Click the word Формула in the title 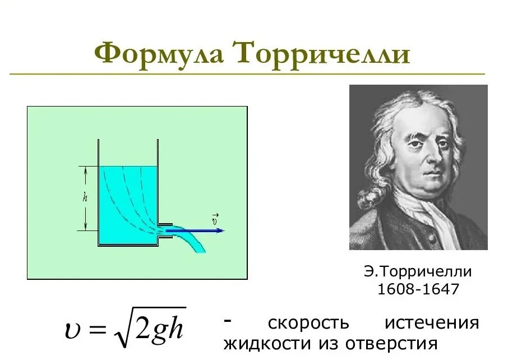click(159, 53)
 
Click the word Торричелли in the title click(322, 53)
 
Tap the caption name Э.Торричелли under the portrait click(418, 271)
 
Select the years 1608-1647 click(418, 289)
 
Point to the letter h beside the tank click(85, 197)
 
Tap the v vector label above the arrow click(215, 219)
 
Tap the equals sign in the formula click(97, 330)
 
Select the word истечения click(432, 323)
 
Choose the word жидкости click(267, 344)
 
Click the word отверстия click(391, 344)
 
